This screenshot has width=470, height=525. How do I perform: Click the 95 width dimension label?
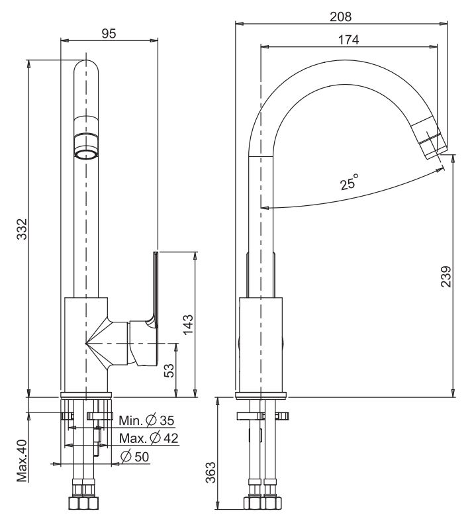tap(109, 34)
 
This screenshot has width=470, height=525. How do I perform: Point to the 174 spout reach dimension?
tap(348, 40)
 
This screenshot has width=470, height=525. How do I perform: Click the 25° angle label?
tap(350, 182)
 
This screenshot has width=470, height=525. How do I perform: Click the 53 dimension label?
tap(170, 371)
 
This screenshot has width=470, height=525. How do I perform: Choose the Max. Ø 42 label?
tap(149, 438)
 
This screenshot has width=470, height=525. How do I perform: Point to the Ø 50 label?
tap(136, 456)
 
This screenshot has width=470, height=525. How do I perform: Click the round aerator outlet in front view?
tap(87, 154)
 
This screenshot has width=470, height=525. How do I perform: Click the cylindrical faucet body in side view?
tap(261, 344)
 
